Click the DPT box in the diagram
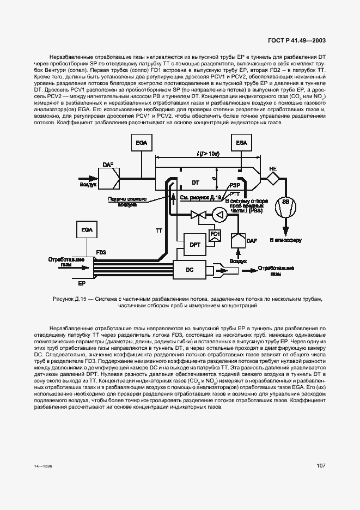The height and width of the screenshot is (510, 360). click(194, 245)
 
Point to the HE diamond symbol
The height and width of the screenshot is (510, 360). click(272, 178)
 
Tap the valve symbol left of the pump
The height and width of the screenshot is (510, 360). click(197, 216)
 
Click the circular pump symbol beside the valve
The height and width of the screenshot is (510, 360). click(219, 215)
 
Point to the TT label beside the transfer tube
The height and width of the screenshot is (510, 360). click(159, 231)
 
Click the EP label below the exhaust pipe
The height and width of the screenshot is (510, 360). click(81, 283)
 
